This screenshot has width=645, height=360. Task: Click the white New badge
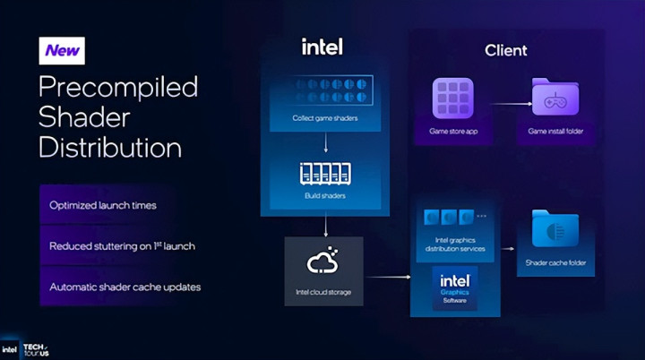pos(62,51)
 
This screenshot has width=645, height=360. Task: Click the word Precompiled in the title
pos(118,87)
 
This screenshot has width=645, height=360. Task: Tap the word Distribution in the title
pos(110,147)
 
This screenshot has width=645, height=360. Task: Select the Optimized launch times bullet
pos(103,205)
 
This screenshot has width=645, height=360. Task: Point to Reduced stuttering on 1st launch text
pos(122,246)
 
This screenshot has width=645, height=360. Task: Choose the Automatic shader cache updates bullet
pos(125,287)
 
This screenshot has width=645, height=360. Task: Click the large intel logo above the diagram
pos(322,47)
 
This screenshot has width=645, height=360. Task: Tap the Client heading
pos(505,50)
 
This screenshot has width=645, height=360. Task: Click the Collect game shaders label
pos(325,118)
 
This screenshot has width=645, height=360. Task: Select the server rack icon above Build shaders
pos(325,173)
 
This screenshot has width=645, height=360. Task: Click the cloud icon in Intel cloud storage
pos(322,261)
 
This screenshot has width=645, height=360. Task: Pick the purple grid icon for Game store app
pos(453,98)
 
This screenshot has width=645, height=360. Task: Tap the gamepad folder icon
pos(555,97)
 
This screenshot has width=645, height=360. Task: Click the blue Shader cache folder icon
pos(555,228)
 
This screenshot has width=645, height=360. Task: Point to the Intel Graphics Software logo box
pos(454,288)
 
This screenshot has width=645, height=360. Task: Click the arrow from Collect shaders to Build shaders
pos(326,142)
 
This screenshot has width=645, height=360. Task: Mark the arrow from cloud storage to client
pos(388,277)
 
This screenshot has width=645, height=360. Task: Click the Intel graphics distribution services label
pos(455,244)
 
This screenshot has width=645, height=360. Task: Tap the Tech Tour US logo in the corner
pos(36,350)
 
